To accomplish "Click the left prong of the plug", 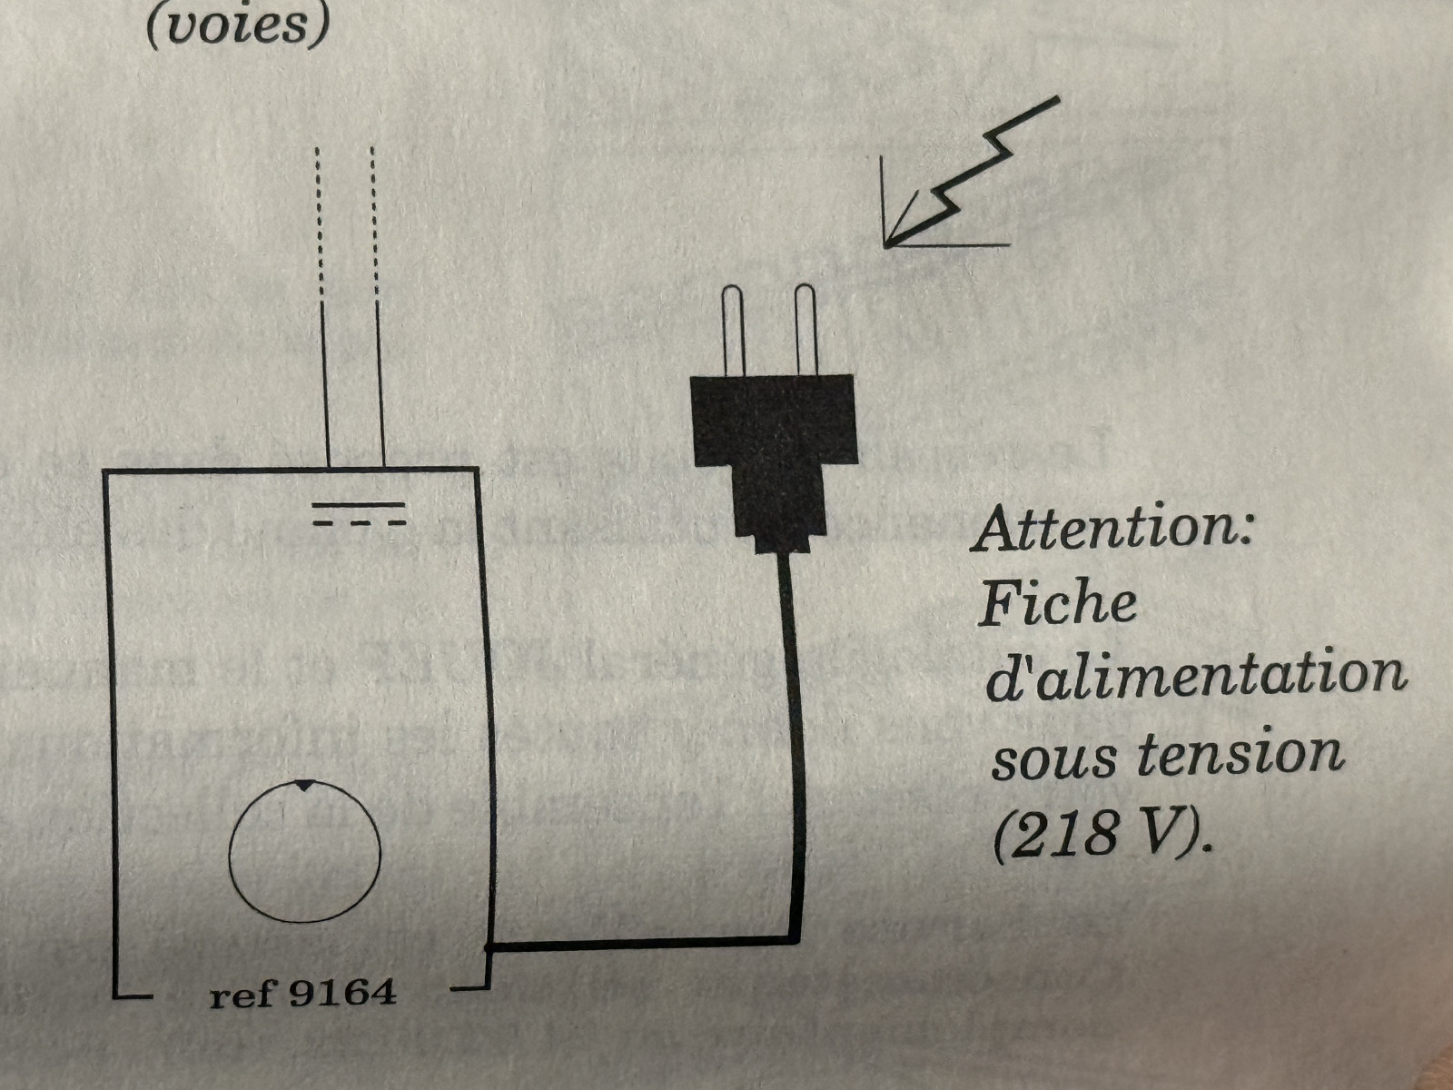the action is coord(733,331).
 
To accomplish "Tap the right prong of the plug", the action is coord(806,330).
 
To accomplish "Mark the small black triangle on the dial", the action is coord(304,786).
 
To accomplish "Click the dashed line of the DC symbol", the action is coord(359,523).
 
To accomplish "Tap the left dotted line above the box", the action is coord(319,225).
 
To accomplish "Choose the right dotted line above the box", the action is coord(374,225).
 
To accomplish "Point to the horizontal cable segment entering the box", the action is coord(642,943).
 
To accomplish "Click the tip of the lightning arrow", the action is coord(885,246).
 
